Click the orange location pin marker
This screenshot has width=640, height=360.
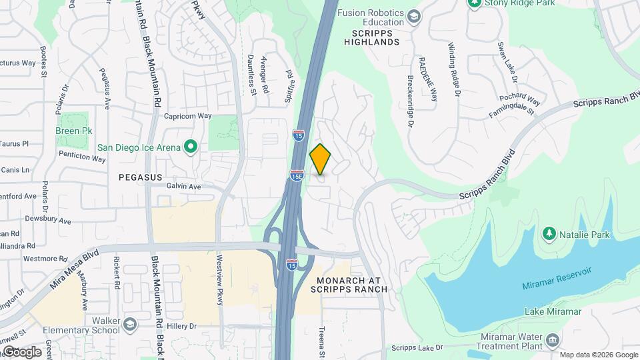(x=321, y=159)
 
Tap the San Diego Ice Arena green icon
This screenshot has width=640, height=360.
(x=190, y=147)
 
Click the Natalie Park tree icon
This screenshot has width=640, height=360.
(x=549, y=234)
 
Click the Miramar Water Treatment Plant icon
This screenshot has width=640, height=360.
(x=552, y=341)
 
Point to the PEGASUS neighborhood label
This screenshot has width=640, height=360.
(x=140, y=177)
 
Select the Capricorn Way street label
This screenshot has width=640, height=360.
(x=187, y=115)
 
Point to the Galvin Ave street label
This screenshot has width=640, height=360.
(x=183, y=187)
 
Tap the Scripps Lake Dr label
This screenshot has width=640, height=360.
(x=417, y=347)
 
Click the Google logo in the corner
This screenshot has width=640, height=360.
(x=21, y=351)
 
